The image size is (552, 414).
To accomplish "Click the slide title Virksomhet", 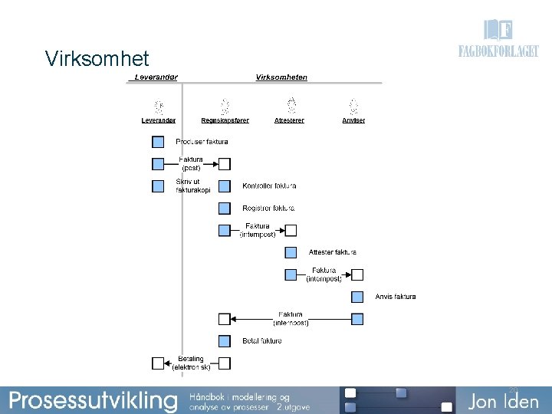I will pyautogui.click(x=97, y=59).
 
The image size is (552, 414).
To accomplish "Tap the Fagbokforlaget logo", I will pyautogui.click(x=498, y=41).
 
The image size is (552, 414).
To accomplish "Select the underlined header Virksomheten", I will pyautogui.click(x=281, y=77).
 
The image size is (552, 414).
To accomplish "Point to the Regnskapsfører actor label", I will pyautogui.click(x=225, y=120).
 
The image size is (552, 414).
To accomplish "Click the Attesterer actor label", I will pyautogui.click(x=289, y=120).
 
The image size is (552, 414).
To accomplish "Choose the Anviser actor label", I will pyautogui.click(x=353, y=120).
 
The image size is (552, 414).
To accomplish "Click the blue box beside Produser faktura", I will pyautogui.click(x=158, y=142).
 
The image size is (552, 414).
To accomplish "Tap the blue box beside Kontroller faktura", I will pyautogui.click(x=224, y=186).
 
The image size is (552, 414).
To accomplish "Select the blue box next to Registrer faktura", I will pyautogui.click(x=224, y=208).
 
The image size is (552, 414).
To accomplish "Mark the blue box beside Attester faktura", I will pyautogui.click(x=291, y=252).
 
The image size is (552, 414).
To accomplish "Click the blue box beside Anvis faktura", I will pyautogui.click(x=357, y=297).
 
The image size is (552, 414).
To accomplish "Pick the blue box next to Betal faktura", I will pyautogui.click(x=224, y=341).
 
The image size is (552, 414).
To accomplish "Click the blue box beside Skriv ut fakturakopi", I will pyautogui.click(x=158, y=186).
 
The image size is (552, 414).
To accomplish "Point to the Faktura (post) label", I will pyautogui.click(x=191, y=163).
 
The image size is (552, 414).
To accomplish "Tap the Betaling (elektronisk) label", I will pyautogui.click(x=191, y=363).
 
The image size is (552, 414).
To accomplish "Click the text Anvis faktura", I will pyautogui.click(x=396, y=297).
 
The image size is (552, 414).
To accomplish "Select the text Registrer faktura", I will pyautogui.click(x=268, y=208).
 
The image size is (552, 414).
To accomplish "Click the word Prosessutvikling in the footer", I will pyautogui.click(x=93, y=400).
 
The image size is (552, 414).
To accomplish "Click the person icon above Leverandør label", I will pyautogui.click(x=158, y=107).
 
